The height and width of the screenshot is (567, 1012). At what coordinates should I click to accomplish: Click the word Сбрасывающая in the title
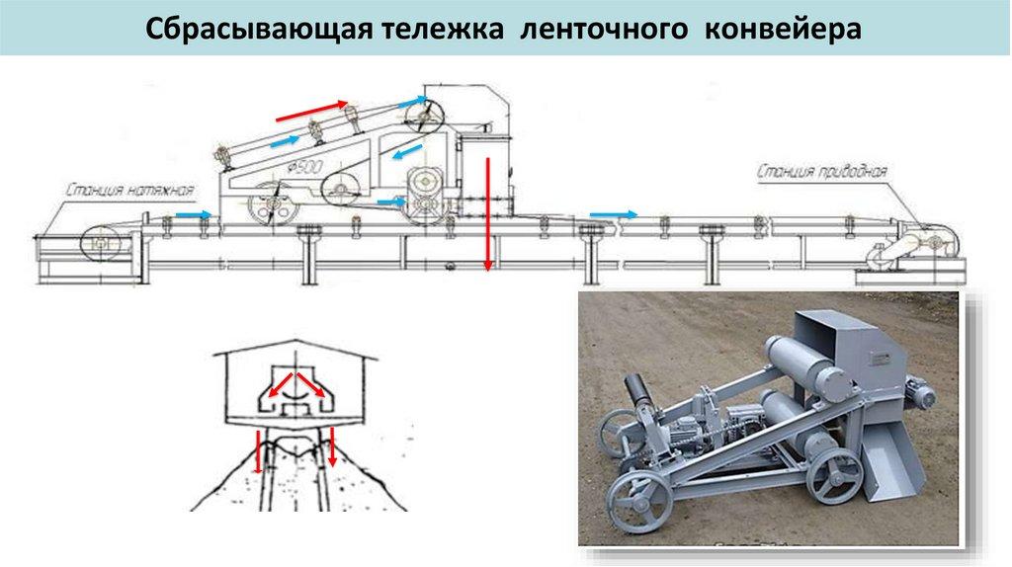pos(253,28)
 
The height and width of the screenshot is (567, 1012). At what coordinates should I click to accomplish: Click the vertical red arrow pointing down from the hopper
pos(487,212)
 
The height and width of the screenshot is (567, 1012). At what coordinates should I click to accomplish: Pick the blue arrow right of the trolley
pos(613,213)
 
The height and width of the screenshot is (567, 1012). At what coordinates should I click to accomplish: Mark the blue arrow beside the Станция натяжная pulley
pos(193,213)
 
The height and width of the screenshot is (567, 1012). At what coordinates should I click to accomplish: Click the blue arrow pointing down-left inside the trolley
pos(404,153)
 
